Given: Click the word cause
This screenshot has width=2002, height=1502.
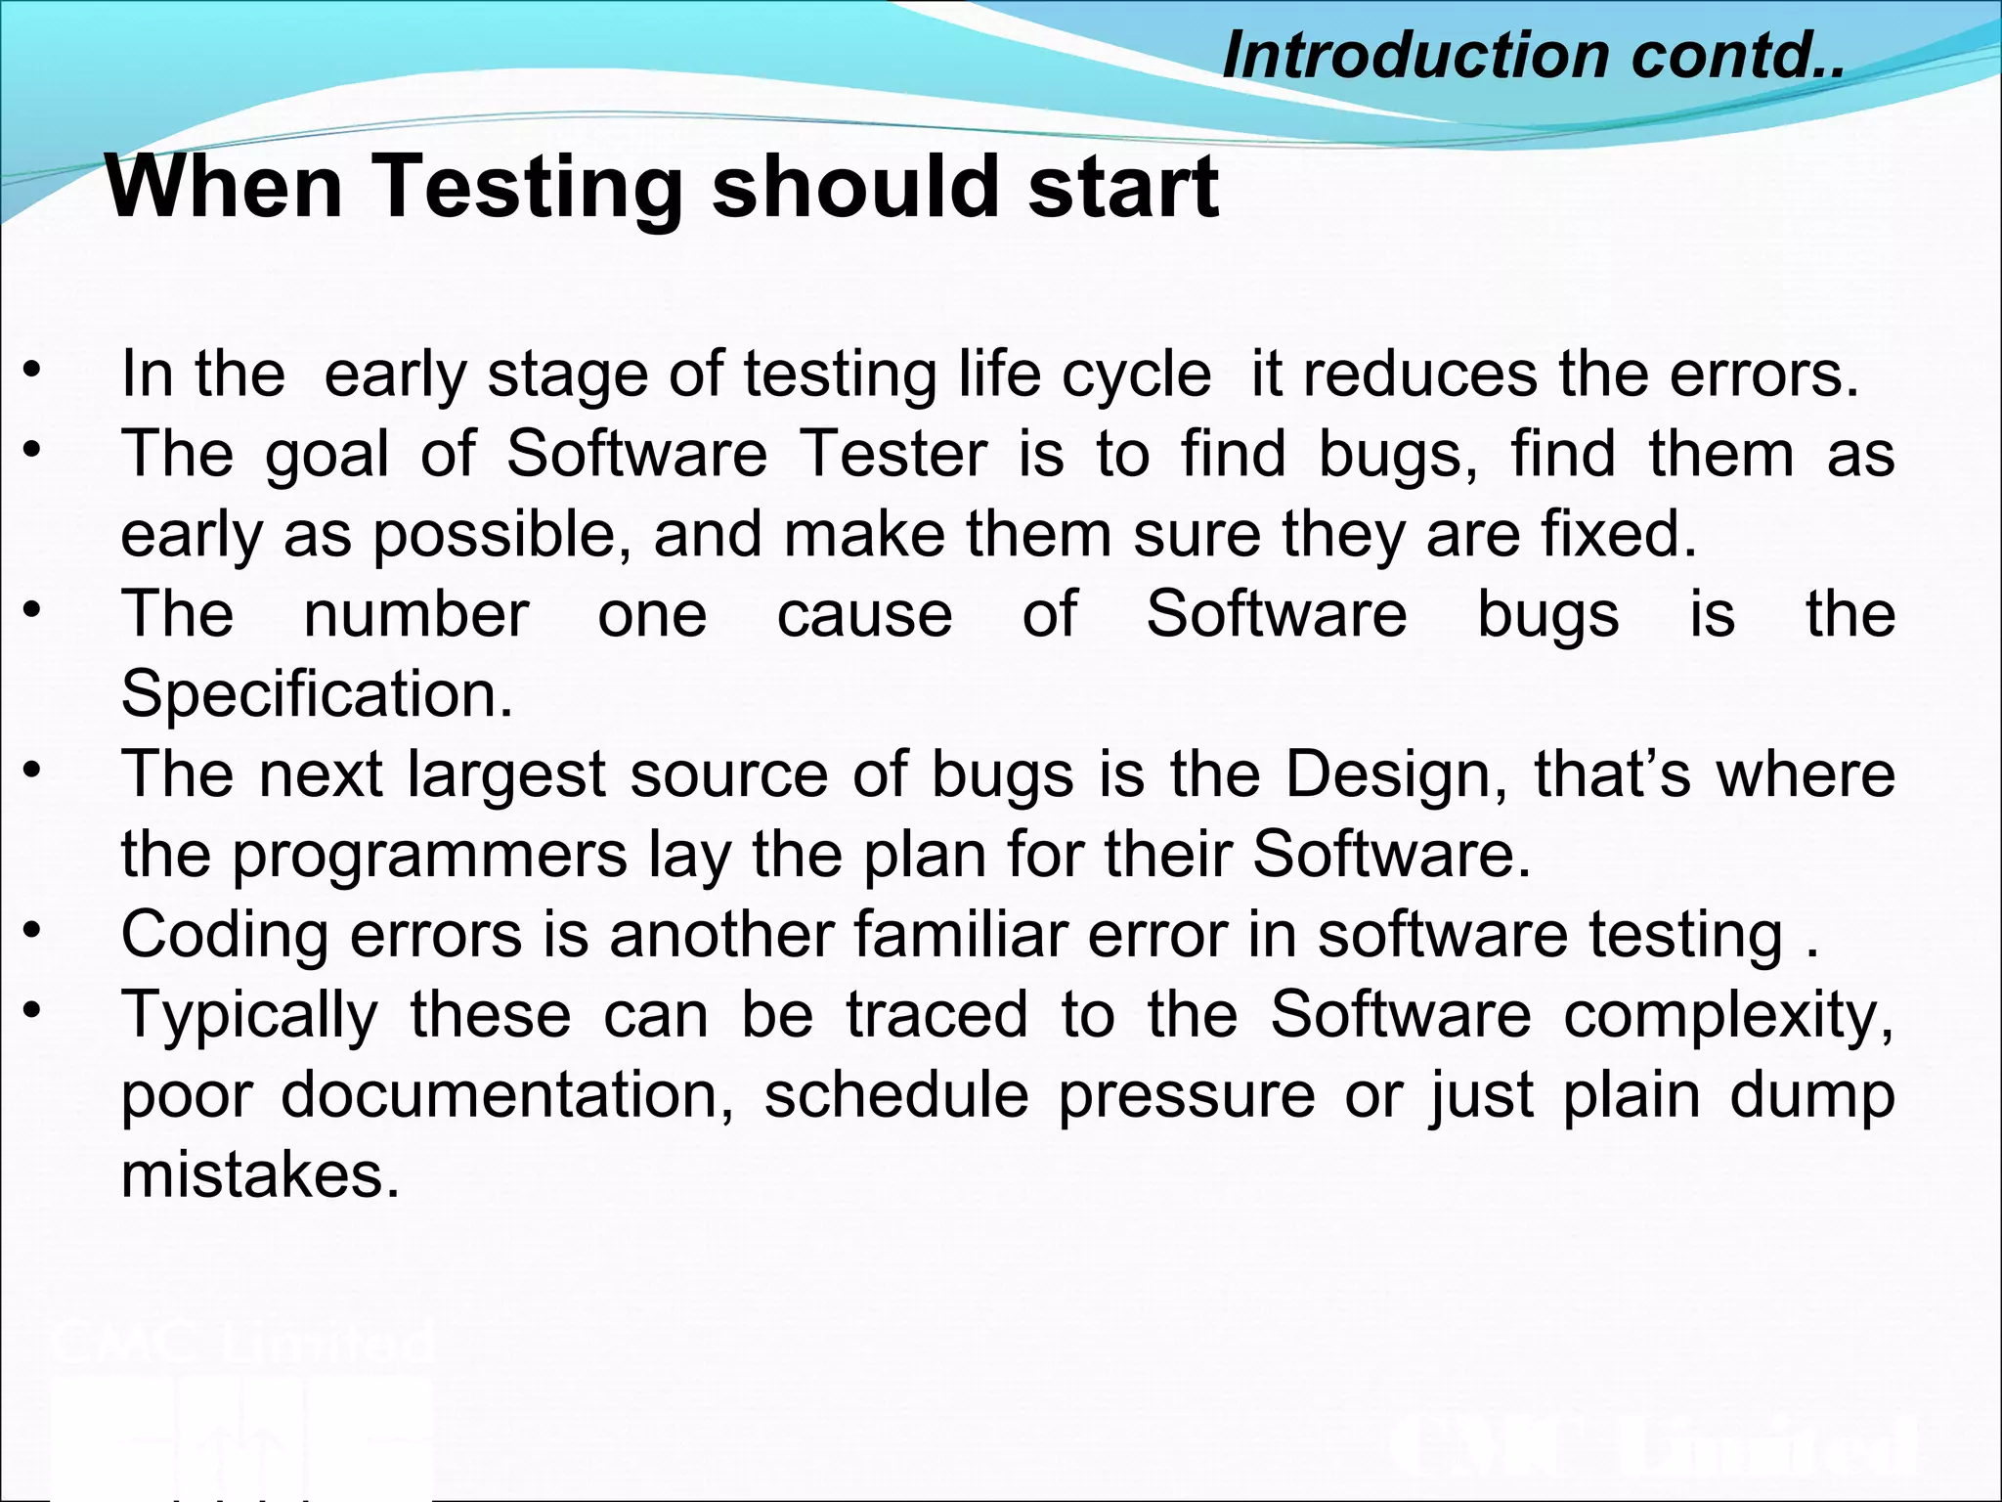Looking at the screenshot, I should (864, 616).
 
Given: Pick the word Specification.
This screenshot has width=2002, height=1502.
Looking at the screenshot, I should (317, 694).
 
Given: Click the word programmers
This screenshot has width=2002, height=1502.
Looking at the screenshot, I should (429, 857).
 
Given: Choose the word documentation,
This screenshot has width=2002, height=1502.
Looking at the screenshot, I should (507, 1095).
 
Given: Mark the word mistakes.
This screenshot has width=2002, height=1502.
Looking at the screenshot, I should (260, 1175).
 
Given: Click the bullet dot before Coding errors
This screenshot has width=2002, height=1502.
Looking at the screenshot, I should (33, 929).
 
